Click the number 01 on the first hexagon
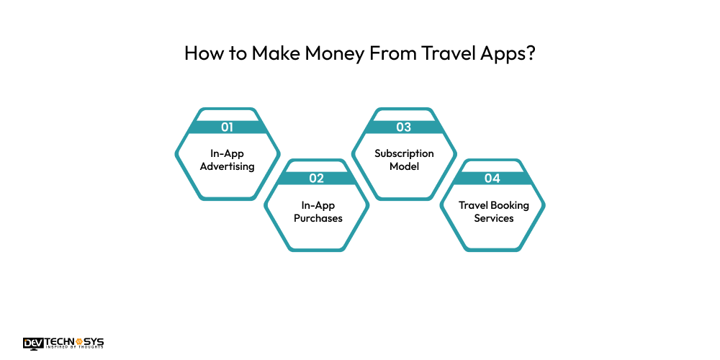[228, 127]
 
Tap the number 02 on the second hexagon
[317, 178]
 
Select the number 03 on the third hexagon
[403, 127]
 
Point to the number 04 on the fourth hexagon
[492, 178]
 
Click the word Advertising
[228, 167]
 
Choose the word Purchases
[317, 217]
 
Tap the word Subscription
[404, 153]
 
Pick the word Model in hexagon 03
[403, 167]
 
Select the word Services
[493, 217]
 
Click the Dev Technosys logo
[63, 343]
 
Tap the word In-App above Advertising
[228, 153]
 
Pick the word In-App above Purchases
[317, 204]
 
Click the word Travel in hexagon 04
[474, 204]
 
